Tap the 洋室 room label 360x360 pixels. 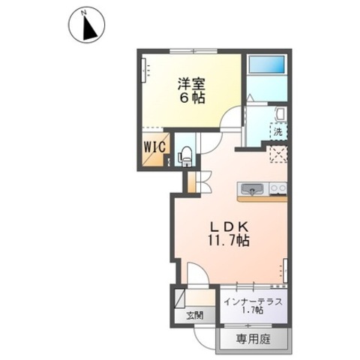[x=191, y=82]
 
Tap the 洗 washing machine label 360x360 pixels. [x=278, y=132]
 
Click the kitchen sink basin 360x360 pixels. [x=250, y=188]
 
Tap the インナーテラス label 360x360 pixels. [x=253, y=300]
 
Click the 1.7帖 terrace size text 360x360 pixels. [x=253, y=310]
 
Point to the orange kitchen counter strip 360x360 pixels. [x=262, y=199]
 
